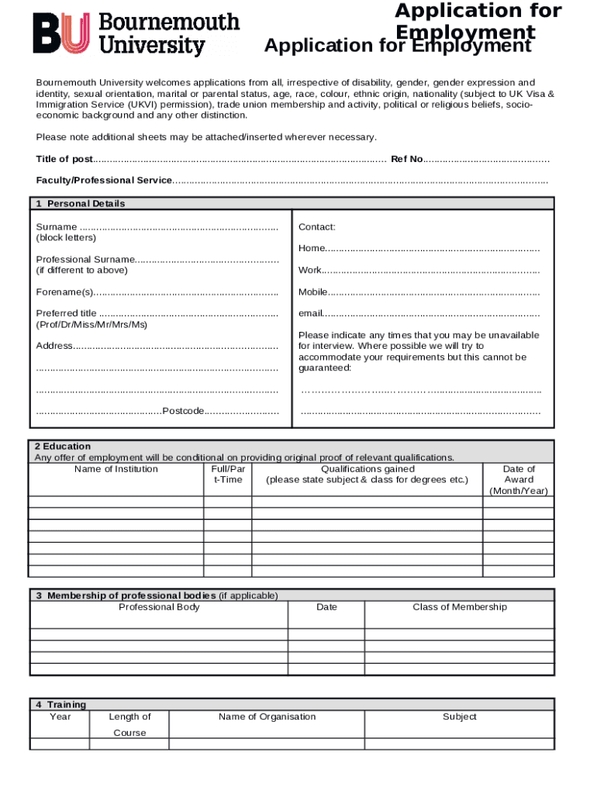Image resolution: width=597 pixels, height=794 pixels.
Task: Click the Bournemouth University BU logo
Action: point(136,35)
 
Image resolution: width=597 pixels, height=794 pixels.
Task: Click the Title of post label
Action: point(64,159)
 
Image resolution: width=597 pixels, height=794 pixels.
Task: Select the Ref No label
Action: point(406,159)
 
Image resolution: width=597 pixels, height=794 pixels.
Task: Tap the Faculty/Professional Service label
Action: point(104,180)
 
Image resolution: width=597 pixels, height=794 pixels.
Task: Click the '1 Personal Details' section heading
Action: point(80,204)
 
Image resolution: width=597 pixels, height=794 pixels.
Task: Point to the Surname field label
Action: point(57,226)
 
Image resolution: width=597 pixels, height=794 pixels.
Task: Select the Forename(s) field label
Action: point(64,292)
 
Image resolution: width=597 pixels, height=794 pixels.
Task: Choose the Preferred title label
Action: point(67,313)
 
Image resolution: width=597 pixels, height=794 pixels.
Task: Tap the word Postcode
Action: point(183,410)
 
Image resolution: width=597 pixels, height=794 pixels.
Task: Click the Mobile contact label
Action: point(313,292)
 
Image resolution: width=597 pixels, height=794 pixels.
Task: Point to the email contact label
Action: point(310,313)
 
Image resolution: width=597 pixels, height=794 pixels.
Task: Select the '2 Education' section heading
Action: point(62,447)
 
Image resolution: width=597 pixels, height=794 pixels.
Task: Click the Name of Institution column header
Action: point(116,469)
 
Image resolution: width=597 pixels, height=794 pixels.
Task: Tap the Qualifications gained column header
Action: point(368,469)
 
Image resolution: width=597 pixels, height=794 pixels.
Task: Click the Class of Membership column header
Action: point(460,607)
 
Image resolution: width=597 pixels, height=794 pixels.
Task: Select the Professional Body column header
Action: point(159,607)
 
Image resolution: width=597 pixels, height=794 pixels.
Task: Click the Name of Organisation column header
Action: point(267,716)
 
